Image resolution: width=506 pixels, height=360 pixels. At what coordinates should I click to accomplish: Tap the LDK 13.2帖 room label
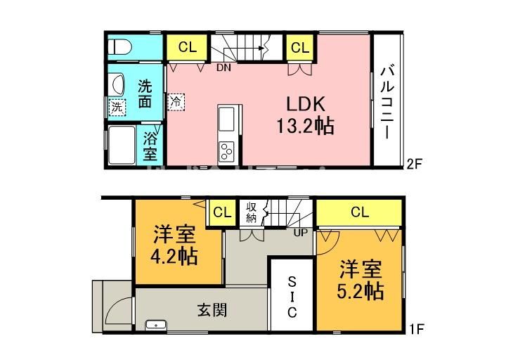click(304, 115)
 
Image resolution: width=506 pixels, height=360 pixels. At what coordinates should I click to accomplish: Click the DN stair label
click(223, 68)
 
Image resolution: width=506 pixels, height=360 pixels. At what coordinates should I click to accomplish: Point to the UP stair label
click(299, 232)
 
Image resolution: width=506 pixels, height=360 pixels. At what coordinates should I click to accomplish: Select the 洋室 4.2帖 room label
click(175, 245)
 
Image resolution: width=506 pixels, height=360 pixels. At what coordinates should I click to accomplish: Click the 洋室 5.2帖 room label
click(361, 279)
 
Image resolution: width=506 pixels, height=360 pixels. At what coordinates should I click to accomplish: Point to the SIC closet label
click(293, 297)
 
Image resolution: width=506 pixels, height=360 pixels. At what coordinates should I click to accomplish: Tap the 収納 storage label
click(251, 212)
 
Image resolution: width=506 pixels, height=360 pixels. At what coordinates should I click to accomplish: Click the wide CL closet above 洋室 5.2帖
click(359, 212)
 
